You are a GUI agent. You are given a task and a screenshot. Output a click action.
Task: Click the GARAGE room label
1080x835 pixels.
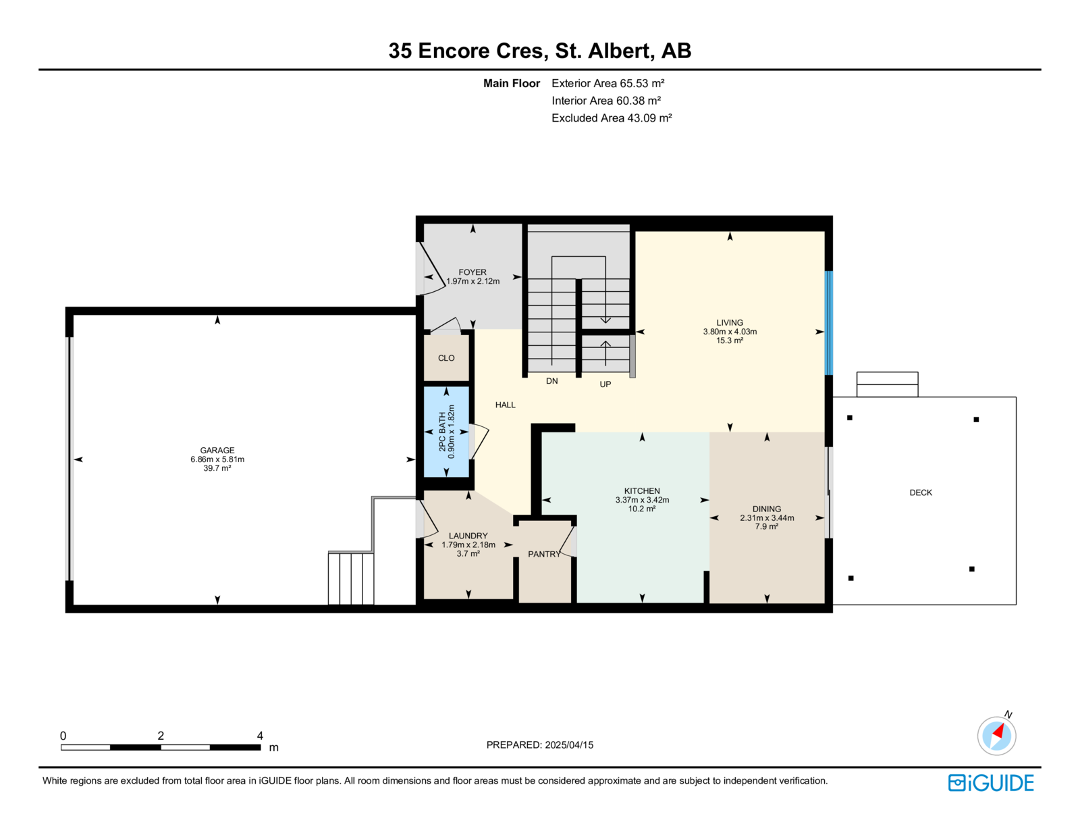[217, 450]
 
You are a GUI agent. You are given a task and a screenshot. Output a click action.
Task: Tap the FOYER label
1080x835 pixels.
[472, 272]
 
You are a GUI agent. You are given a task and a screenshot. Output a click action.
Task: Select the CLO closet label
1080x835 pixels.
[446, 358]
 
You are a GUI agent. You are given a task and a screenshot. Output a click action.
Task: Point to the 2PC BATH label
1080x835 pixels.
[442, 432]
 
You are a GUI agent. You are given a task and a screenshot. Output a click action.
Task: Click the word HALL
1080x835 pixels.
[505, 405]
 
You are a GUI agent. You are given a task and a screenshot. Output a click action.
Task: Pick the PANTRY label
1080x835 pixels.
[544, 554]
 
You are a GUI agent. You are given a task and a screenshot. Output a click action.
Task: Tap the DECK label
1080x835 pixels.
[921, 492]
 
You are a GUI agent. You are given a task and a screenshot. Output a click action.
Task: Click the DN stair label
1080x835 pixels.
[551, 381]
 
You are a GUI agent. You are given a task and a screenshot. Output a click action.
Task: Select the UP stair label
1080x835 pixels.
[605, 384]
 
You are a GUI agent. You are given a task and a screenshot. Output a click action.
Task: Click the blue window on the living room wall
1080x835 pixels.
[828, 323]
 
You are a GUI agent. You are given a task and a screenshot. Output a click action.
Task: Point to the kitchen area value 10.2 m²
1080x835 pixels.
[642, 509]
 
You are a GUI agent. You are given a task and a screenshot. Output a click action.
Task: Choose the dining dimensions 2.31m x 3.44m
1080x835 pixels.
[766, 517]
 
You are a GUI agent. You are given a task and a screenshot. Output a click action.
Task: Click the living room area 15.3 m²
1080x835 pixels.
[730, 340]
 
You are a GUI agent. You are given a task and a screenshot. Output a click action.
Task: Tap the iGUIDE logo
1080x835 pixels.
[990, 783]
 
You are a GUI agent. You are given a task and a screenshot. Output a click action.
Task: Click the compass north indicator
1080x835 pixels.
[996, 736]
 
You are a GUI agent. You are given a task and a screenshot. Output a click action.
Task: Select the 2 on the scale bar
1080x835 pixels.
[161, 736]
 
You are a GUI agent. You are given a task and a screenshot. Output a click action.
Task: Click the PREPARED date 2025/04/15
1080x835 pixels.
[569, 745]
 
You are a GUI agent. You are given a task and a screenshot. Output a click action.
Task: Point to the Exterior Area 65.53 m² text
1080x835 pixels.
[608, 83]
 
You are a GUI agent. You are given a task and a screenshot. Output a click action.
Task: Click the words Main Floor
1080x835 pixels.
[512, 83]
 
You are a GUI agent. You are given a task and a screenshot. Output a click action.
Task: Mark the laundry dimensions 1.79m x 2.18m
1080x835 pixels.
[468, 545]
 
